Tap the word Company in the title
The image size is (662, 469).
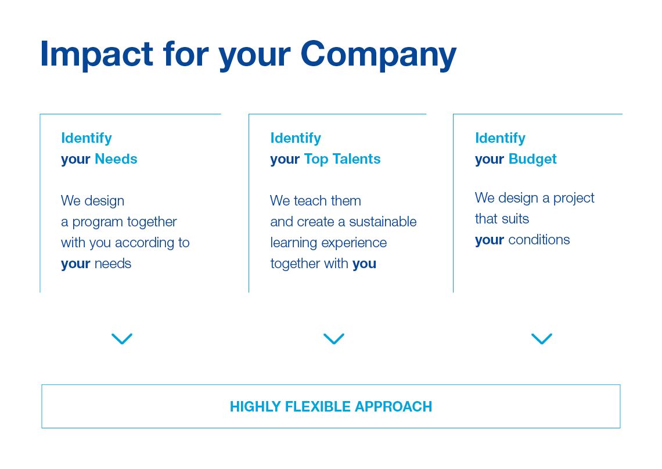pos(379,55)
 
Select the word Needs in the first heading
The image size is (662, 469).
pos(116,158)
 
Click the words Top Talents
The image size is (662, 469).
pos(343,160)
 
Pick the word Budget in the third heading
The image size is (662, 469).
pos(533,160)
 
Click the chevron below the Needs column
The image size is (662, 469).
pos(122,338)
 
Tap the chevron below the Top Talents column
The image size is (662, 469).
pos(334,338)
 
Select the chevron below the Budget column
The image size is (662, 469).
pos(542,338)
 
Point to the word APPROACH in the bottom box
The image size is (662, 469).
pos(394,406)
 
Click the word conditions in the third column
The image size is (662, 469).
pos(539,240)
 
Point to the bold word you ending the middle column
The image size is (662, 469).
pos(364,264)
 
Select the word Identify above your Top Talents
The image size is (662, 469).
pos(296,139)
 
